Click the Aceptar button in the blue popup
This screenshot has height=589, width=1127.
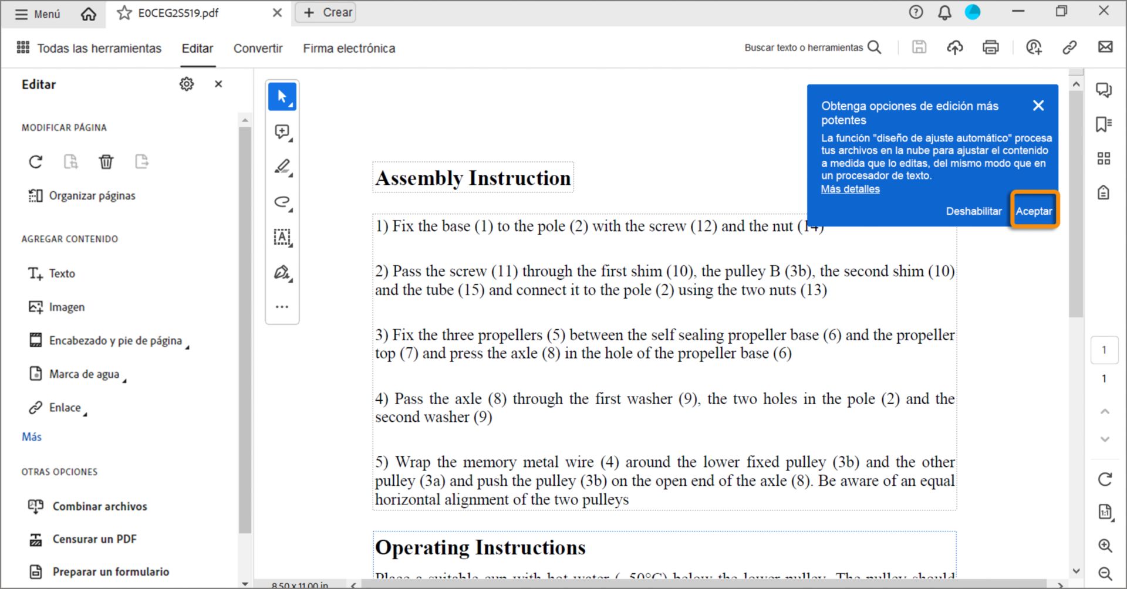(1034, 211)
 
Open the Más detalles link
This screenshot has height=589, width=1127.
(850, 189)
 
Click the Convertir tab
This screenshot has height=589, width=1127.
(258, 48)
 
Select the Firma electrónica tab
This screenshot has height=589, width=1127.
(349, 48)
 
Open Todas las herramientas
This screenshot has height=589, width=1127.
(89, 48)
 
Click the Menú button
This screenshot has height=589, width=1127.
(38, 13)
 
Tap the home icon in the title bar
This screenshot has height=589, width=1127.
(89, 13)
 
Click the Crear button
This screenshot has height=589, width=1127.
(328, 12)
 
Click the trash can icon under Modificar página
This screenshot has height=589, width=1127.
(106, 161)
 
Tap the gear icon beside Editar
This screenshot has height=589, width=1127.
(187, 84)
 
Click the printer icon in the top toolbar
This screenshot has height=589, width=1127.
(991, 48)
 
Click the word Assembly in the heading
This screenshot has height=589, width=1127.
(419, 178)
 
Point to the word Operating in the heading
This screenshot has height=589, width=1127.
(422, 547)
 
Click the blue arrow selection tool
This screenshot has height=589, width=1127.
(282, 96)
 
